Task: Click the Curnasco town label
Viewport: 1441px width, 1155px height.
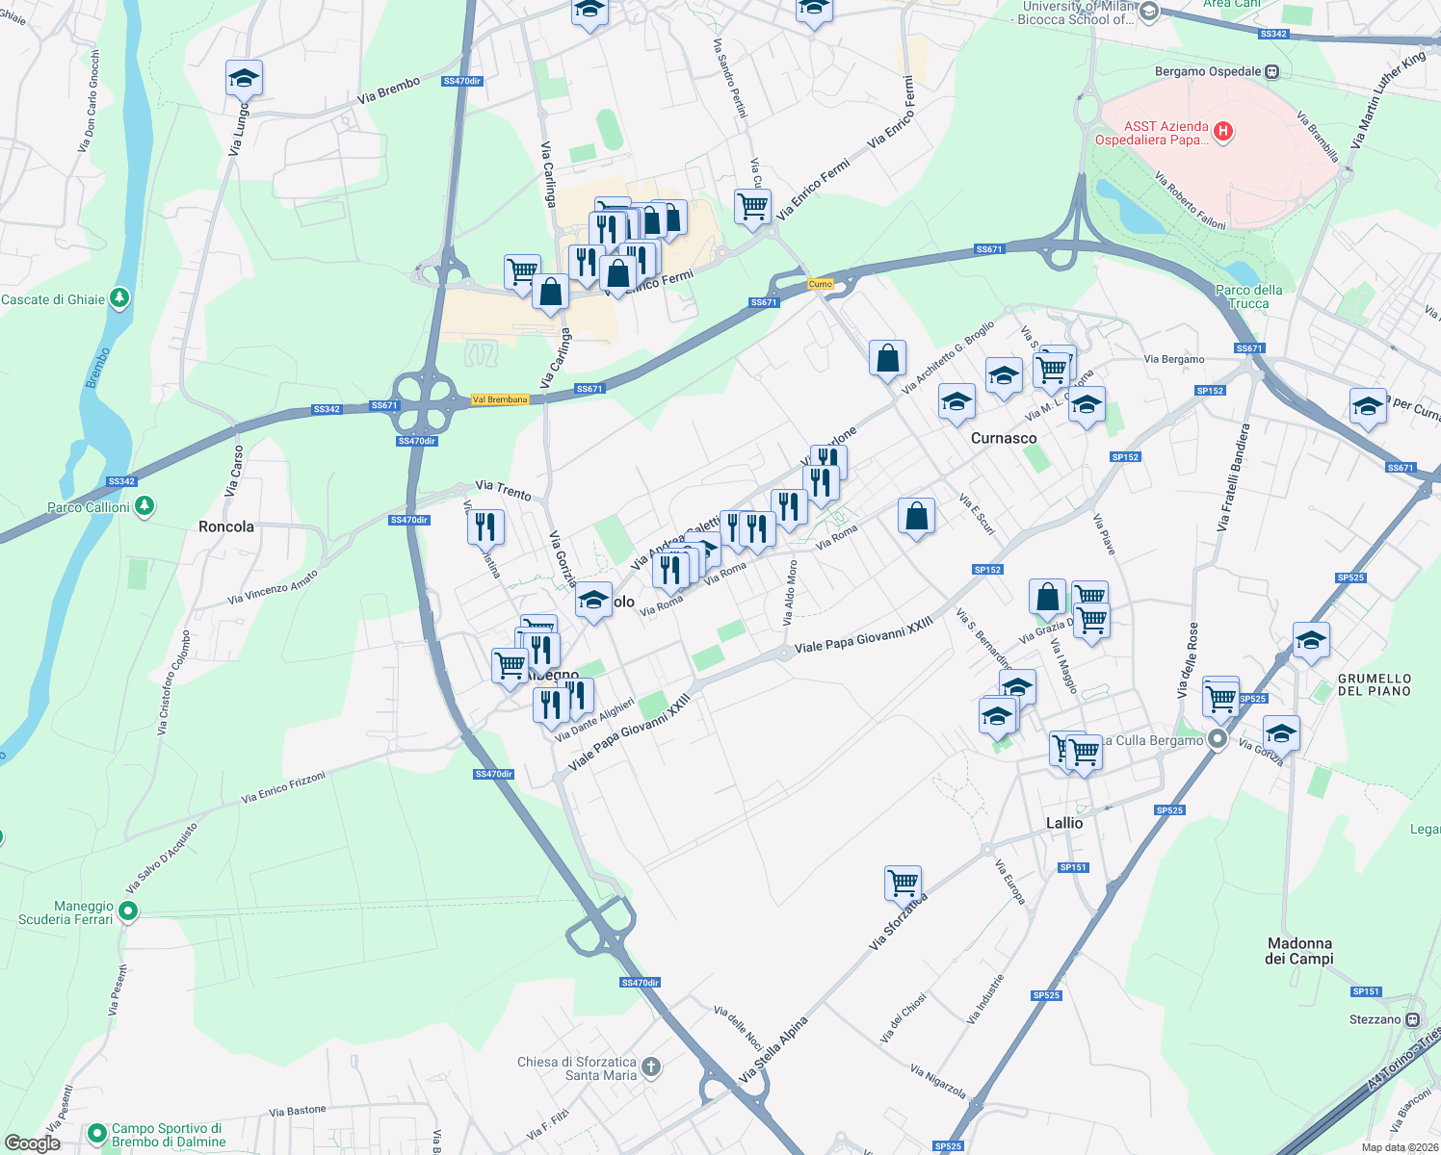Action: (1004, 438)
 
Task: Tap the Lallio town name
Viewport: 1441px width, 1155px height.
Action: (1064, 823)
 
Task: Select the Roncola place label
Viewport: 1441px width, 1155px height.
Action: (226, 526)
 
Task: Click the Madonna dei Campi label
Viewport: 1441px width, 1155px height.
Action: (1299, 951)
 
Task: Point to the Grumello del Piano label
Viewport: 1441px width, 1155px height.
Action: (1374, 684)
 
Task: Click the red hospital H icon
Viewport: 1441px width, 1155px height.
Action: (1223, 132)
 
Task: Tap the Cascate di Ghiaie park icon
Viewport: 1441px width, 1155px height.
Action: (119, 298)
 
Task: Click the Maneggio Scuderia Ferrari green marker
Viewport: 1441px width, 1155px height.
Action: (128, 910)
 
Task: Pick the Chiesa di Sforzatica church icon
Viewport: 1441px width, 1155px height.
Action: (651, 1065)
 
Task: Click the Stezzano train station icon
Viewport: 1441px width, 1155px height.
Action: (1413, 1019)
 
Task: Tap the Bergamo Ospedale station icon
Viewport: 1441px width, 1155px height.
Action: (1272, 71)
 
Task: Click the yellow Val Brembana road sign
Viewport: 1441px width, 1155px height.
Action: (500, 399)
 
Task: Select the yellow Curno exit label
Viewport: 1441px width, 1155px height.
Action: (820, 284)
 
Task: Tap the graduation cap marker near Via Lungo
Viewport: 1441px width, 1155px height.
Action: (244, 78)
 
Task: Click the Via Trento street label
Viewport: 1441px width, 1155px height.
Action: (503, 491)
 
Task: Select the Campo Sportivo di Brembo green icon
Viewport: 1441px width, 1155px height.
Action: (96, 1134)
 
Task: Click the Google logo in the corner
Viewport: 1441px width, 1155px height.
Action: (32, 1143)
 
